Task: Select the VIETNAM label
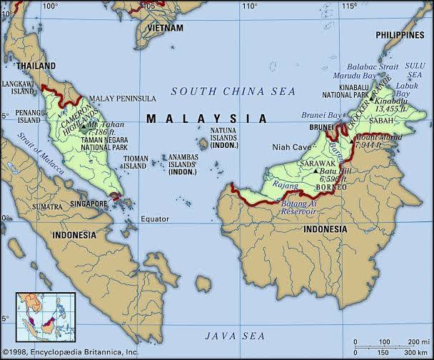pos(165,28)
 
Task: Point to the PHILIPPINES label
pos(400,34)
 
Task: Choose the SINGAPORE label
pos(88,204)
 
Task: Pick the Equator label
pos(155,219)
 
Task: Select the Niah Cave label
pos(272,147)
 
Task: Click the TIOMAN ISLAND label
pos(137,162)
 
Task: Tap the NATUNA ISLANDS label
pos(225,138)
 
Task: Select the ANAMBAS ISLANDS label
pos(183,162)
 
